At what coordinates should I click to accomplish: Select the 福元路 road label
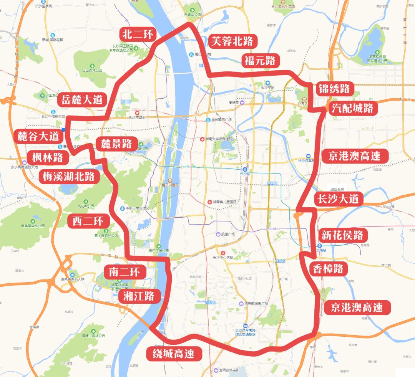tap(259, 61)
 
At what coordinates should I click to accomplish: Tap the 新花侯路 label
tap(341, 235)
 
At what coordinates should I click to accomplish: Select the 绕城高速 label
tap(174, 353)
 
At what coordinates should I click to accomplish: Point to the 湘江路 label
tap(139, 296)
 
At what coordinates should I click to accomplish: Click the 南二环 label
tap(124, 272)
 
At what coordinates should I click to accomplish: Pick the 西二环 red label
tap(88, 221)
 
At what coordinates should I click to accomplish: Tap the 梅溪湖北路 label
tap(69, 176)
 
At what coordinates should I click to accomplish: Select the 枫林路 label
tap(48, 157)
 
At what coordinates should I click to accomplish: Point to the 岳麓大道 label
tap(82, 100)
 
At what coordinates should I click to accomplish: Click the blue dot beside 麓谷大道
tap(63, 130)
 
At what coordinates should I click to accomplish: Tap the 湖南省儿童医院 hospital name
tap(225, 202)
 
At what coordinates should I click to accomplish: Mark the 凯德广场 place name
tap(227, 234)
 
